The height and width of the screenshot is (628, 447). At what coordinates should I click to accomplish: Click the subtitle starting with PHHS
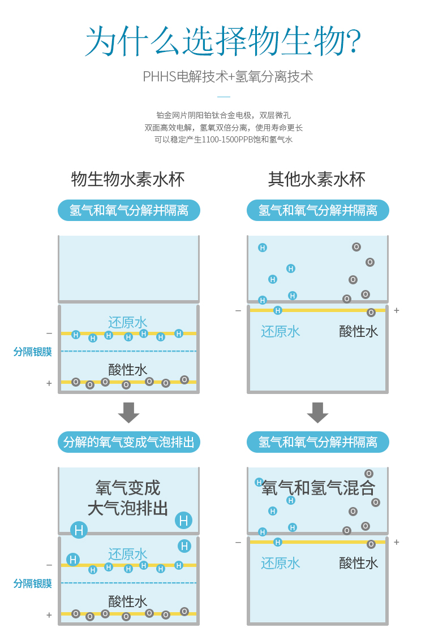(x=227, y=76)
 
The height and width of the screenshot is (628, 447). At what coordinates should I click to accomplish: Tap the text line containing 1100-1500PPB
(x=223, y=140)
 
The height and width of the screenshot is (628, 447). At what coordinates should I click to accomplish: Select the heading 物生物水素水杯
(x=128, y=179)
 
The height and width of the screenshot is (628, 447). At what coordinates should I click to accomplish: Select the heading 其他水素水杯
(x=317, y=179)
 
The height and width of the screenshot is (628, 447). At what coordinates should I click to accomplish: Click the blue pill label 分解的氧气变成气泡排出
(x=129, y=441)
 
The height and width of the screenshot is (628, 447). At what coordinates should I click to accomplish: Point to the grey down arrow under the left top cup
(x=128, y=413)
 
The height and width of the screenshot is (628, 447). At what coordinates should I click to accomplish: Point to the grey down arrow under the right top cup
(x=317, y=413)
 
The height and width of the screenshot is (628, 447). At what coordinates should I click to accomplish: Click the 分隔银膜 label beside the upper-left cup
(x=33, y=352)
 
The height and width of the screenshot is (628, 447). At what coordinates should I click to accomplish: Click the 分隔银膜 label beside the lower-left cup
(x=33, y=583)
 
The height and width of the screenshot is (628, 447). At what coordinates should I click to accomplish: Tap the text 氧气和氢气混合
(x=319, y=487)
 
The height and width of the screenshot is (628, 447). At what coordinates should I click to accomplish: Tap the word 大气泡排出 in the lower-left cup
(x=128, y=508)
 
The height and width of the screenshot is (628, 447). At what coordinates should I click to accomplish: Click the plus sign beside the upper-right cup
(x=397, y=310)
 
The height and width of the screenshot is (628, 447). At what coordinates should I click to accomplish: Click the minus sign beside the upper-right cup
(x=238, y=310)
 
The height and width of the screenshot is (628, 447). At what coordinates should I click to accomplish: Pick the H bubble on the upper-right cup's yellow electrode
(x=277, y=310)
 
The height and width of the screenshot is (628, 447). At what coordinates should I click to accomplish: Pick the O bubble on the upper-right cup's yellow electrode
(x=371, y=312)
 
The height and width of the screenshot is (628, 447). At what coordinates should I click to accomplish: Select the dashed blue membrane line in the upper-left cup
(x=128, y=351)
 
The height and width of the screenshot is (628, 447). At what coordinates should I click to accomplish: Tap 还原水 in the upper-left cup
(x=128, y=323)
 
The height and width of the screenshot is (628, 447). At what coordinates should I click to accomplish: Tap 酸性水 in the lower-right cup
(x=359, y=562)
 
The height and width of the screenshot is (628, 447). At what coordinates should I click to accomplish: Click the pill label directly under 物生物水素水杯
(x=129, y=210)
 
